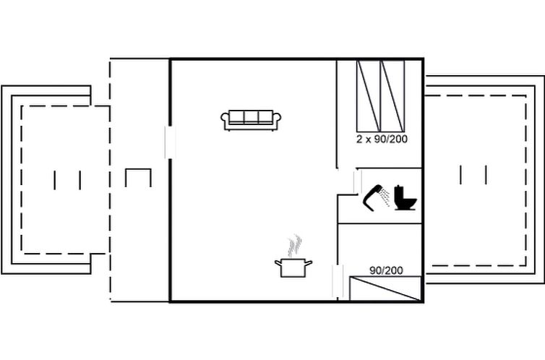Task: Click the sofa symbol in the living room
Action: pos(251,120)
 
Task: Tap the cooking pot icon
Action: pos(293,267)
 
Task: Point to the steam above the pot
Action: pos(294,245)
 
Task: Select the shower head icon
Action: pos(372,197)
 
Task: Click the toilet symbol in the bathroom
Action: pos(405,198)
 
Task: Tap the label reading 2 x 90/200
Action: pos(382,140)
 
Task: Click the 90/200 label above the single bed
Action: pos(386,270)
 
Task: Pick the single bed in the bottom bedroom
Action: pos(385,288)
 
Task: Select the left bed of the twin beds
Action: pos(369,96)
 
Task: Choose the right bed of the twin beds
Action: pos(392,96)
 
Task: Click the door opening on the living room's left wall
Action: pos(170,142)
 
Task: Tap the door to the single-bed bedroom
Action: pos(338,281)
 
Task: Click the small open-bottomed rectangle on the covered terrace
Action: pos(138,178)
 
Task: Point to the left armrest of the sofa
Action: pos(225,120)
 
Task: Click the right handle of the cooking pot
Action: pos(309,263)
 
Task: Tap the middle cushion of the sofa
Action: pos(251,117)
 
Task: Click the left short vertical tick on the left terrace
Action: pos(54,180)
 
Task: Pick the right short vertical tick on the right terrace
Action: pos(486,175)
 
